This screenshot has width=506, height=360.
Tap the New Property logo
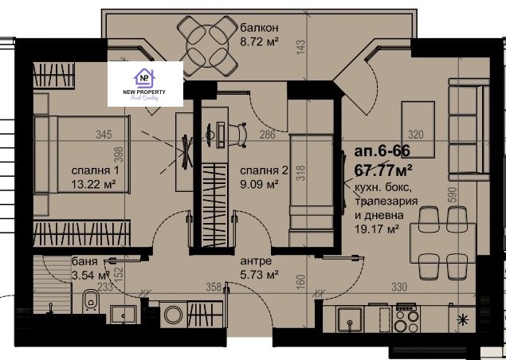click(x=144, y=84)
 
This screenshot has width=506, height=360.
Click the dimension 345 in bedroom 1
click(x=102, y=135)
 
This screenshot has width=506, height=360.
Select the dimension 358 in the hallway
click(x=214, y=288)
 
